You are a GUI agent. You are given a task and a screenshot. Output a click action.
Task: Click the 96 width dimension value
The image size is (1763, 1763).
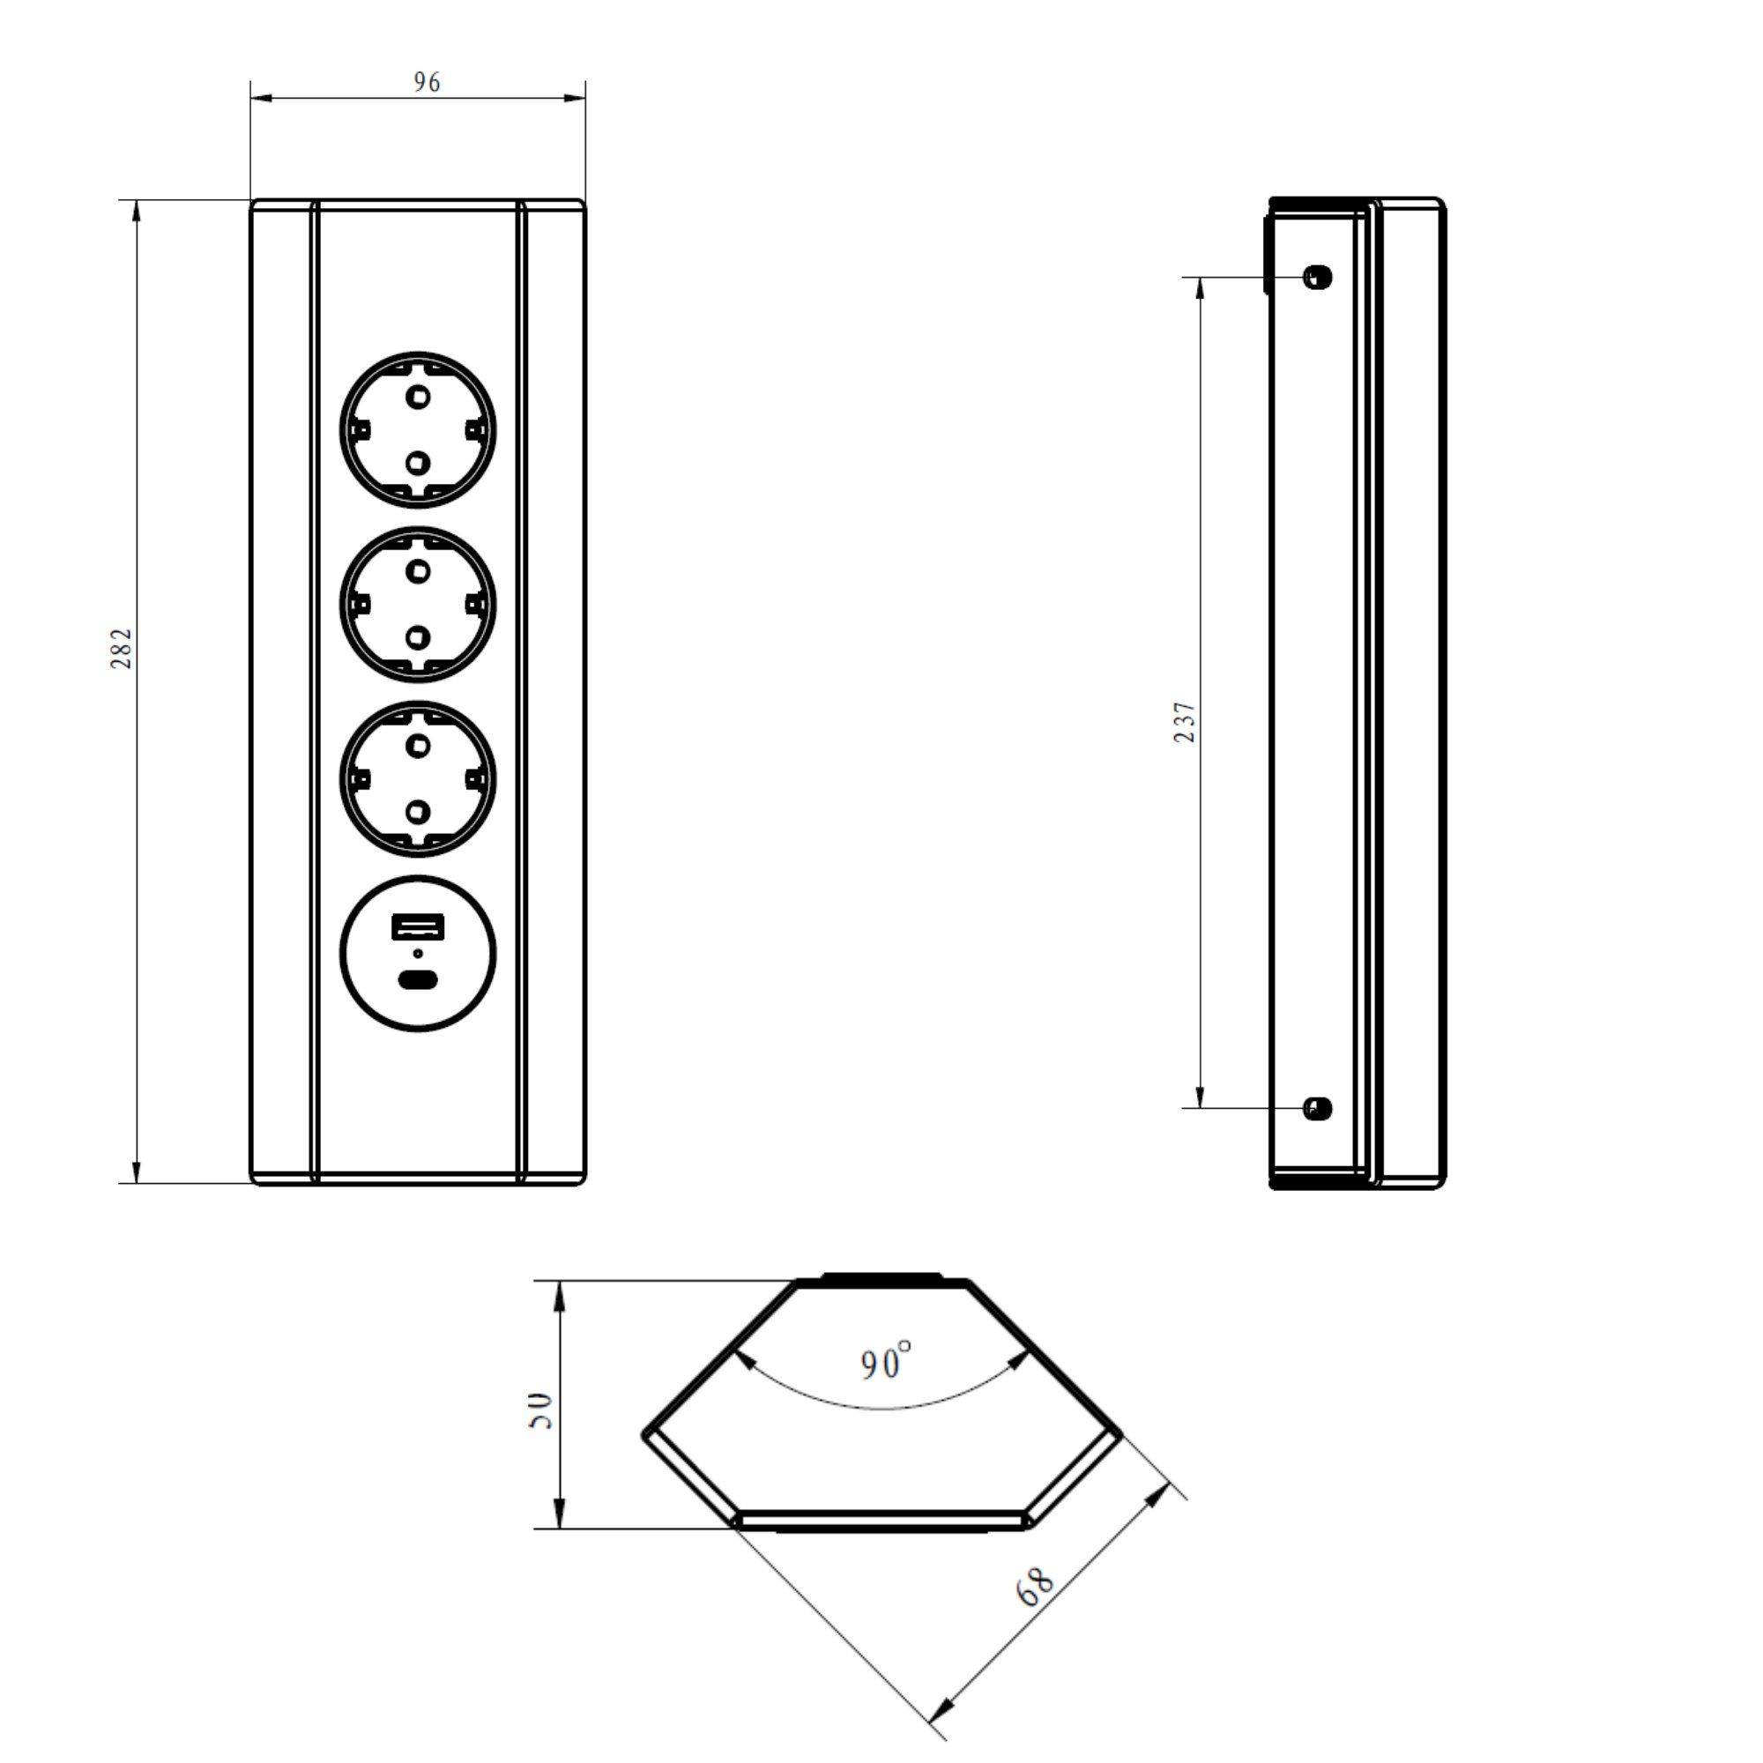[x=426, y=83]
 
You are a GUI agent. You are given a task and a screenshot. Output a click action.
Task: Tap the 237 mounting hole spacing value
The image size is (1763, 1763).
[x=1185, y=722]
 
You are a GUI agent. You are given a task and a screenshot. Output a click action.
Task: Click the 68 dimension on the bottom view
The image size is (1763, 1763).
[x=1036, y=1588]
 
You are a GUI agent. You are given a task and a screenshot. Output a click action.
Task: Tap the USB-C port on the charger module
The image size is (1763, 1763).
[x=419, y=982]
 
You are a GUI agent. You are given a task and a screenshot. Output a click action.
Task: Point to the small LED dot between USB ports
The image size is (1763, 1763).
[x=419, y=955]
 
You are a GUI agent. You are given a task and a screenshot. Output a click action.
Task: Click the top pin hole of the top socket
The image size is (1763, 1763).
[x=419, y=397]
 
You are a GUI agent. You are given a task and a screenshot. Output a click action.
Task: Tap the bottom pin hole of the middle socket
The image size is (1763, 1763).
[x=419, y=636]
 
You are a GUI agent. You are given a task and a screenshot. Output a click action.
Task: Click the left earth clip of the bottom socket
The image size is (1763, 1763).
[x=361, y=779]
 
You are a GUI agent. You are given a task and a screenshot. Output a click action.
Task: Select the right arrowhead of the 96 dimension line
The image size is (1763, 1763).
[x=575, y=98]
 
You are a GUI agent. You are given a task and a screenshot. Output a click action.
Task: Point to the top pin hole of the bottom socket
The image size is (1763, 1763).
[x=419, y=746]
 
